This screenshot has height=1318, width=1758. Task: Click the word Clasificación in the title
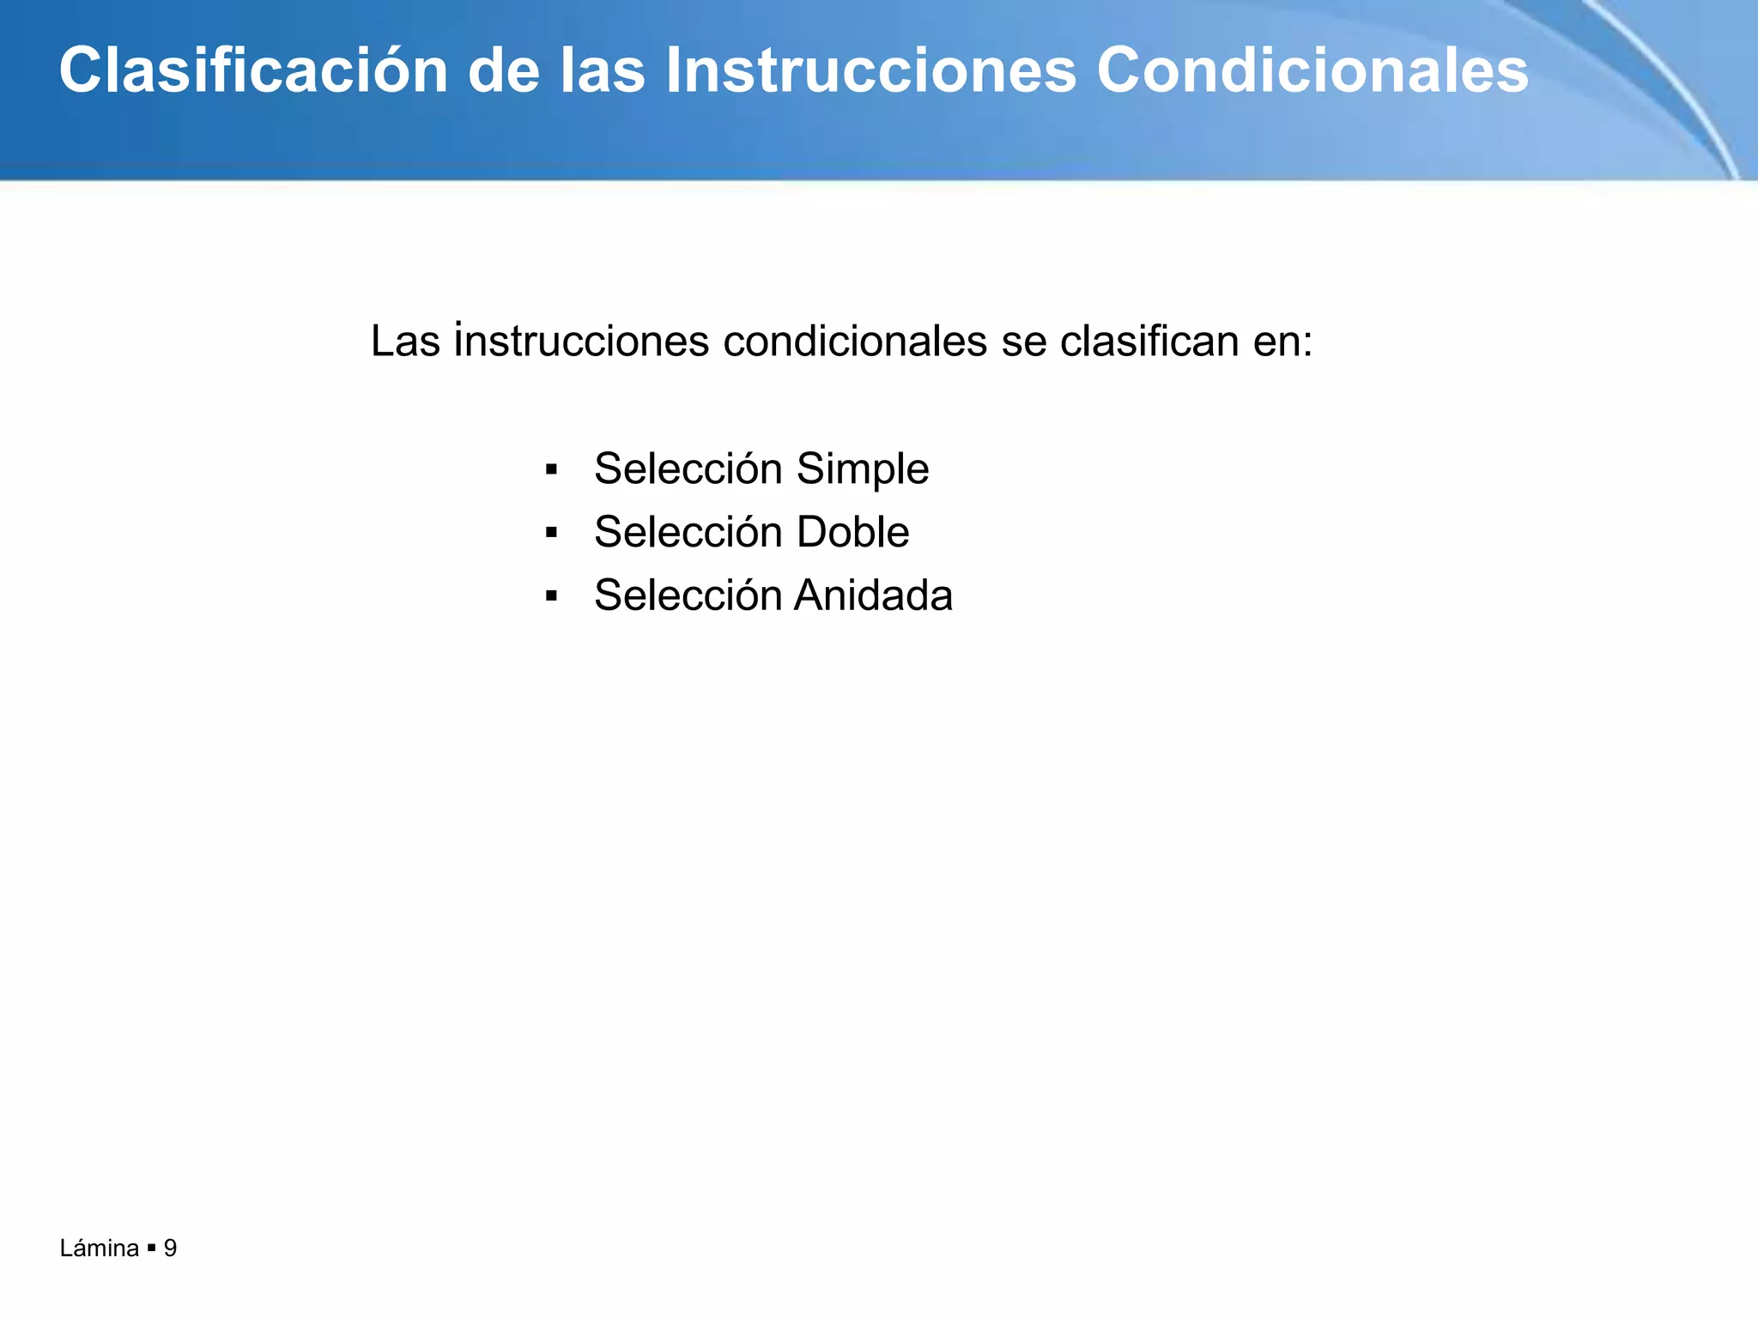point(253,70)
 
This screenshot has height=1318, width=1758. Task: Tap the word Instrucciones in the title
point(870,70)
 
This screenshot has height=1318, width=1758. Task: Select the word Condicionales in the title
point(1312,70)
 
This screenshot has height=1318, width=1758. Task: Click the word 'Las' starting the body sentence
point(405,342)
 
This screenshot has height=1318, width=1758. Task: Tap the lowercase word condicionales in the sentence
point(855,342)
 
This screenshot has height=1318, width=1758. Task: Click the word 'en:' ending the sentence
point(1283,342)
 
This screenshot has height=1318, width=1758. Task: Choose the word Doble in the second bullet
point(852,532)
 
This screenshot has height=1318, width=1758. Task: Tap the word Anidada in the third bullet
point(873,596)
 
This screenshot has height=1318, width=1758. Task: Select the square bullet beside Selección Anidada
point(551,596)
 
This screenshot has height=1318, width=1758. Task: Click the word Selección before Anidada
point(688,596)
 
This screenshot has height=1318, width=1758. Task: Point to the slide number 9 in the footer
point(170,1248)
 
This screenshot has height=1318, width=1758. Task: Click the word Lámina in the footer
point(100,1248)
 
